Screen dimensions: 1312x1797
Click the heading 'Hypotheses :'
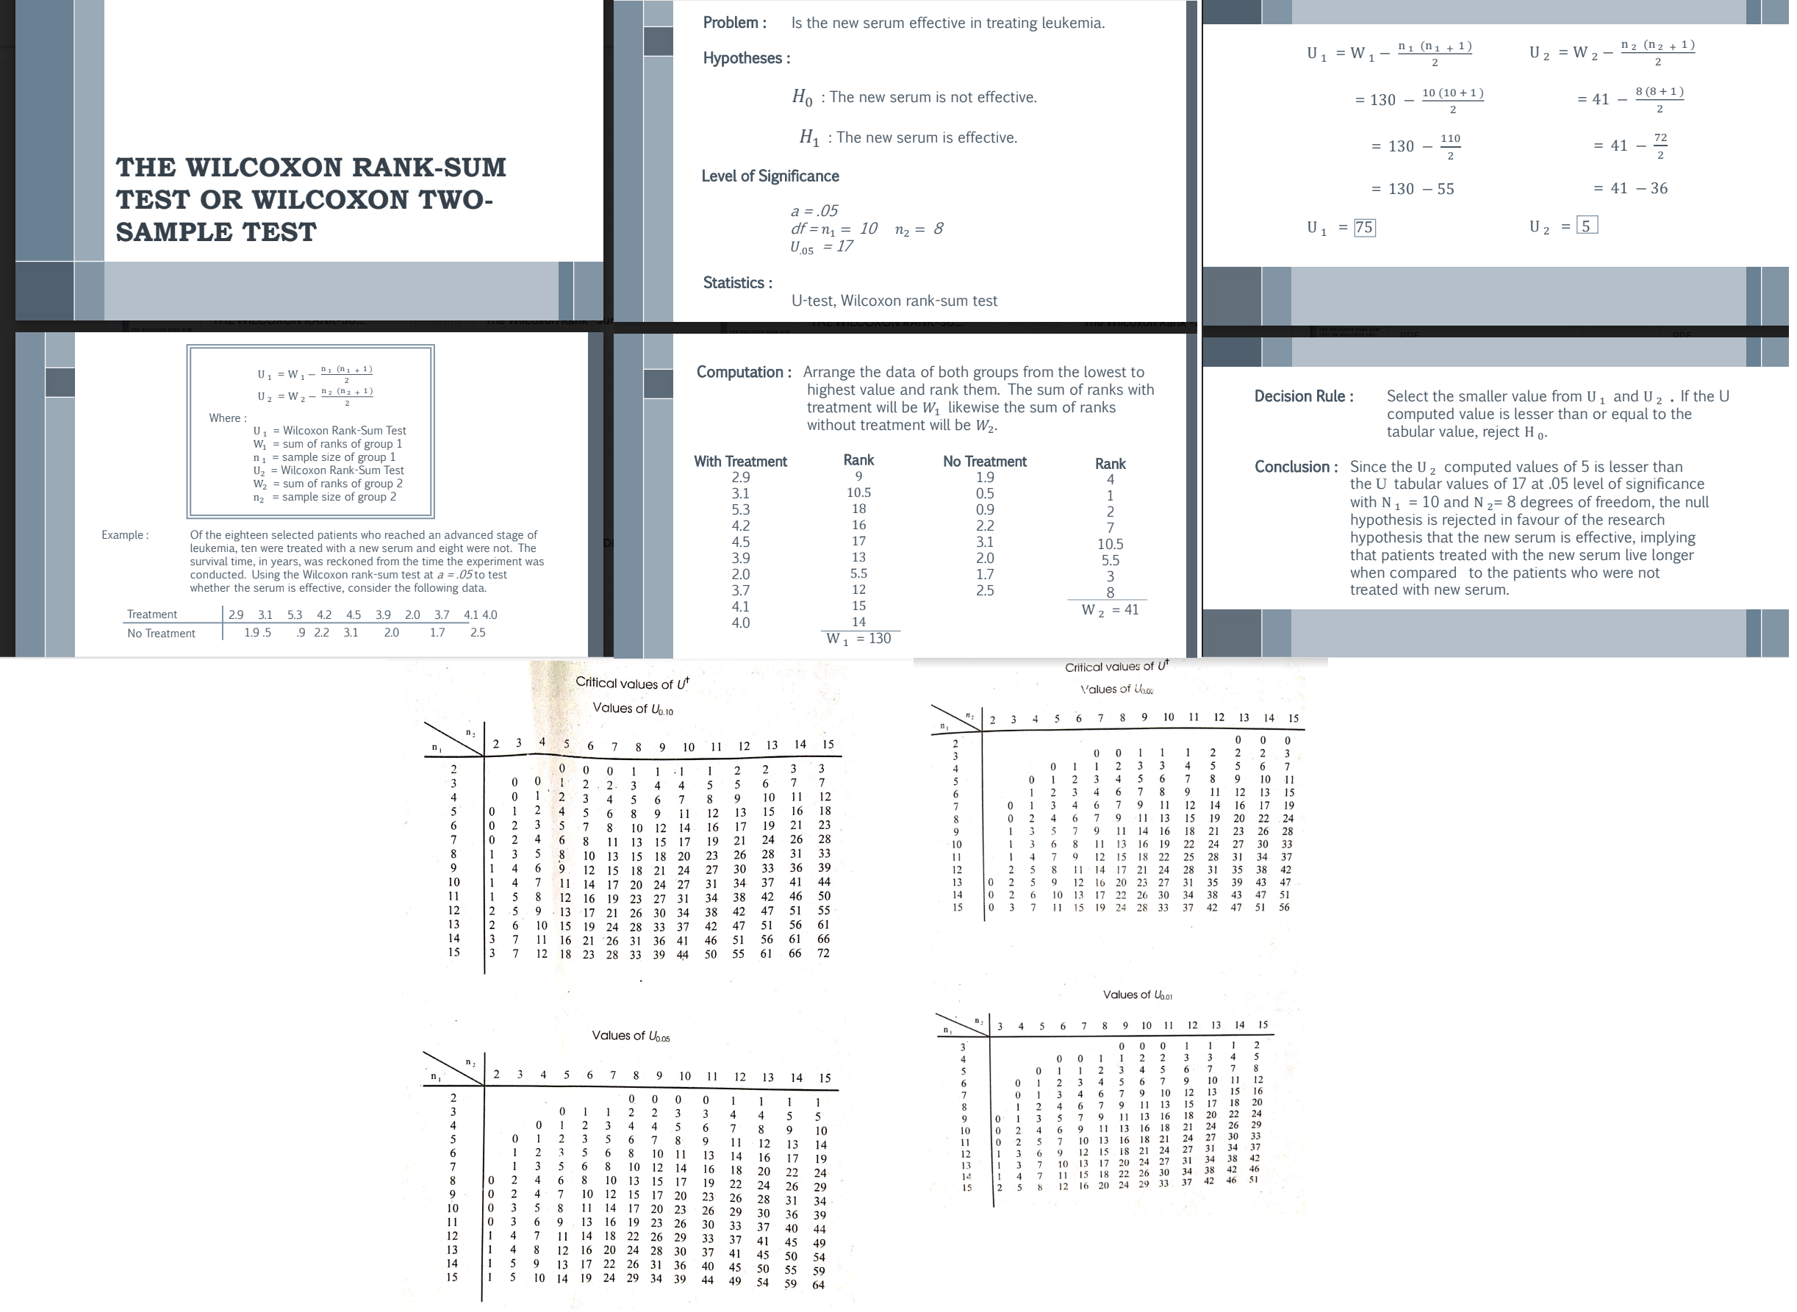click(x=746, y=58)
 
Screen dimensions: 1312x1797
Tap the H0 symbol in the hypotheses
click(x=802, y=98)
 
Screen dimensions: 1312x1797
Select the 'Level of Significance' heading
click(x=770, y=176)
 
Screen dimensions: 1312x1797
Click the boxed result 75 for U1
click(x=1363, y=228)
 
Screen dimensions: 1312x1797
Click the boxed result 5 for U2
click(x=1586, y=226)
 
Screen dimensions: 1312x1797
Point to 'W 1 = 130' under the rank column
click(x=858, y=639)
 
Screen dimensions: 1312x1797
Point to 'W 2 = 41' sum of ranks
click(x=1109, y=610)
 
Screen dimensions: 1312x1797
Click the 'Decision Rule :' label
click(x=1303, y=396)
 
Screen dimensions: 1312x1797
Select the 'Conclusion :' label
click(x=1295, y=467)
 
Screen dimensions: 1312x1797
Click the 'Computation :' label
click(x=743, y=373)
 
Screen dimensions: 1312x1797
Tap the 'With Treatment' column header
click(x=740, y=462)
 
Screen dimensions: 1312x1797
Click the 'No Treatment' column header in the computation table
click(x=985, y=462)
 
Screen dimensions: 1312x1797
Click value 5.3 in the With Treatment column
click(x=740, y=510)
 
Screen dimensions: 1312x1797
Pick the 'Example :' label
click(x=125, y=535)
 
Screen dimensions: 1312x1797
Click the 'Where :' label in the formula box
click(x=227, y=418)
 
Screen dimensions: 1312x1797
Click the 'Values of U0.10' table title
click(x=632, y=709)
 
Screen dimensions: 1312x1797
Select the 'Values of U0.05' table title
click(x=631, y=1036)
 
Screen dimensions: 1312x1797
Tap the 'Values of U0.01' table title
click(x=1137, y=994)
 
